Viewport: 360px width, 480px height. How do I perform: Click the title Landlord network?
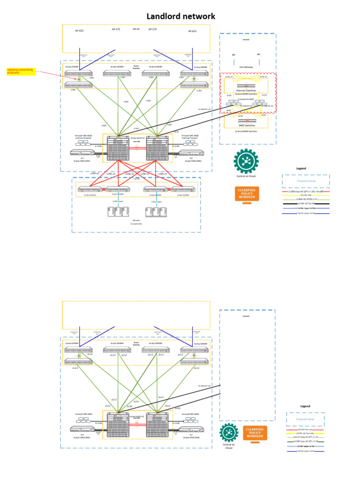click(181, 16)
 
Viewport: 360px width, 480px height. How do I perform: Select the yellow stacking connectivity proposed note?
click(20, 71)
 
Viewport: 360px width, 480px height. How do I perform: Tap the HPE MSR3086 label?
click(246, 67)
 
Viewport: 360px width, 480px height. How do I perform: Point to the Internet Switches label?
click(246, 90)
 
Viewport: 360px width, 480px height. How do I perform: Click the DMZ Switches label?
click(246, 126)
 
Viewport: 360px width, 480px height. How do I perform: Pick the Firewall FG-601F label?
click(246, 99)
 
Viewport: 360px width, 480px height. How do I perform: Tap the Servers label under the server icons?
click(136, 220)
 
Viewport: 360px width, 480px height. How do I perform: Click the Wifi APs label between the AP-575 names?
click(136, 29)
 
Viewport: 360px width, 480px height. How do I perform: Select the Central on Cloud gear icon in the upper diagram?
click(245, 160)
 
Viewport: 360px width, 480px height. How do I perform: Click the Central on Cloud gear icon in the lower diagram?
click(229, 432)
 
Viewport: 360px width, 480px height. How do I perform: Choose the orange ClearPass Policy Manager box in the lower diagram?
click(255, 433)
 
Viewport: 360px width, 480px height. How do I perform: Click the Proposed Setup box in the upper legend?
click(306, 181)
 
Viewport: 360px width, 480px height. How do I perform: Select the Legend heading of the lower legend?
click(305, 406)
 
